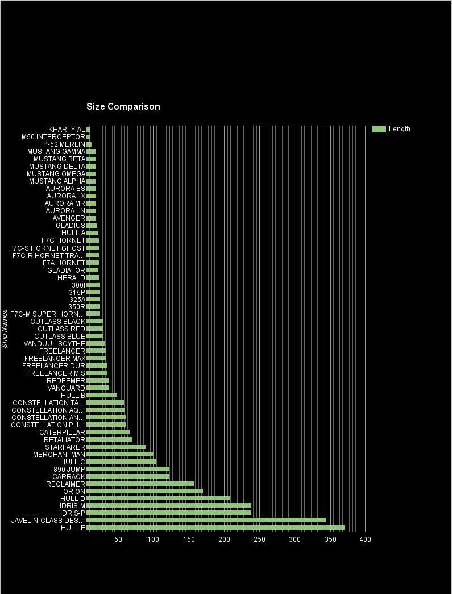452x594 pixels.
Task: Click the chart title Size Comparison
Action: coord(123,107)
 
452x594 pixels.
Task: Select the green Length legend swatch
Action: coord(379,129)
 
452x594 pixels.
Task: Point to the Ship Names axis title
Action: coord(5,329)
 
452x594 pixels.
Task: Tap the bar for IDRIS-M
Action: coord(169,506)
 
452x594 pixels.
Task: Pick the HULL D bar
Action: coord(159,499)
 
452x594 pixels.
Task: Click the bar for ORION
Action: coord(144,491)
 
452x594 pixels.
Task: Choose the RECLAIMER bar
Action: coord(140,484)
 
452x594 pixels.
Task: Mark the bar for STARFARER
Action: coord(116,447)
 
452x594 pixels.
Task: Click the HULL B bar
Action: coord(102,396)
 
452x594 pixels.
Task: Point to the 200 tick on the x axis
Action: coord(225,539)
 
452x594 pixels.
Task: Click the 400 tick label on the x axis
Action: coord(365,539)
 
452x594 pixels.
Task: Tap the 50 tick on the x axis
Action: coord(118,539)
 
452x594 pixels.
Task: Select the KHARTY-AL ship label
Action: coord(67,130)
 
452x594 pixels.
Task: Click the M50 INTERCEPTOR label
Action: coord(53,137)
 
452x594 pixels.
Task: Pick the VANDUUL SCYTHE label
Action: coord(55,344)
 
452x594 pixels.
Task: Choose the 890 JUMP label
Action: coord(68,470)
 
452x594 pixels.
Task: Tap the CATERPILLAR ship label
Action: coord(62,433)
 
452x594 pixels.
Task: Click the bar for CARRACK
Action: coord(128,477)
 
